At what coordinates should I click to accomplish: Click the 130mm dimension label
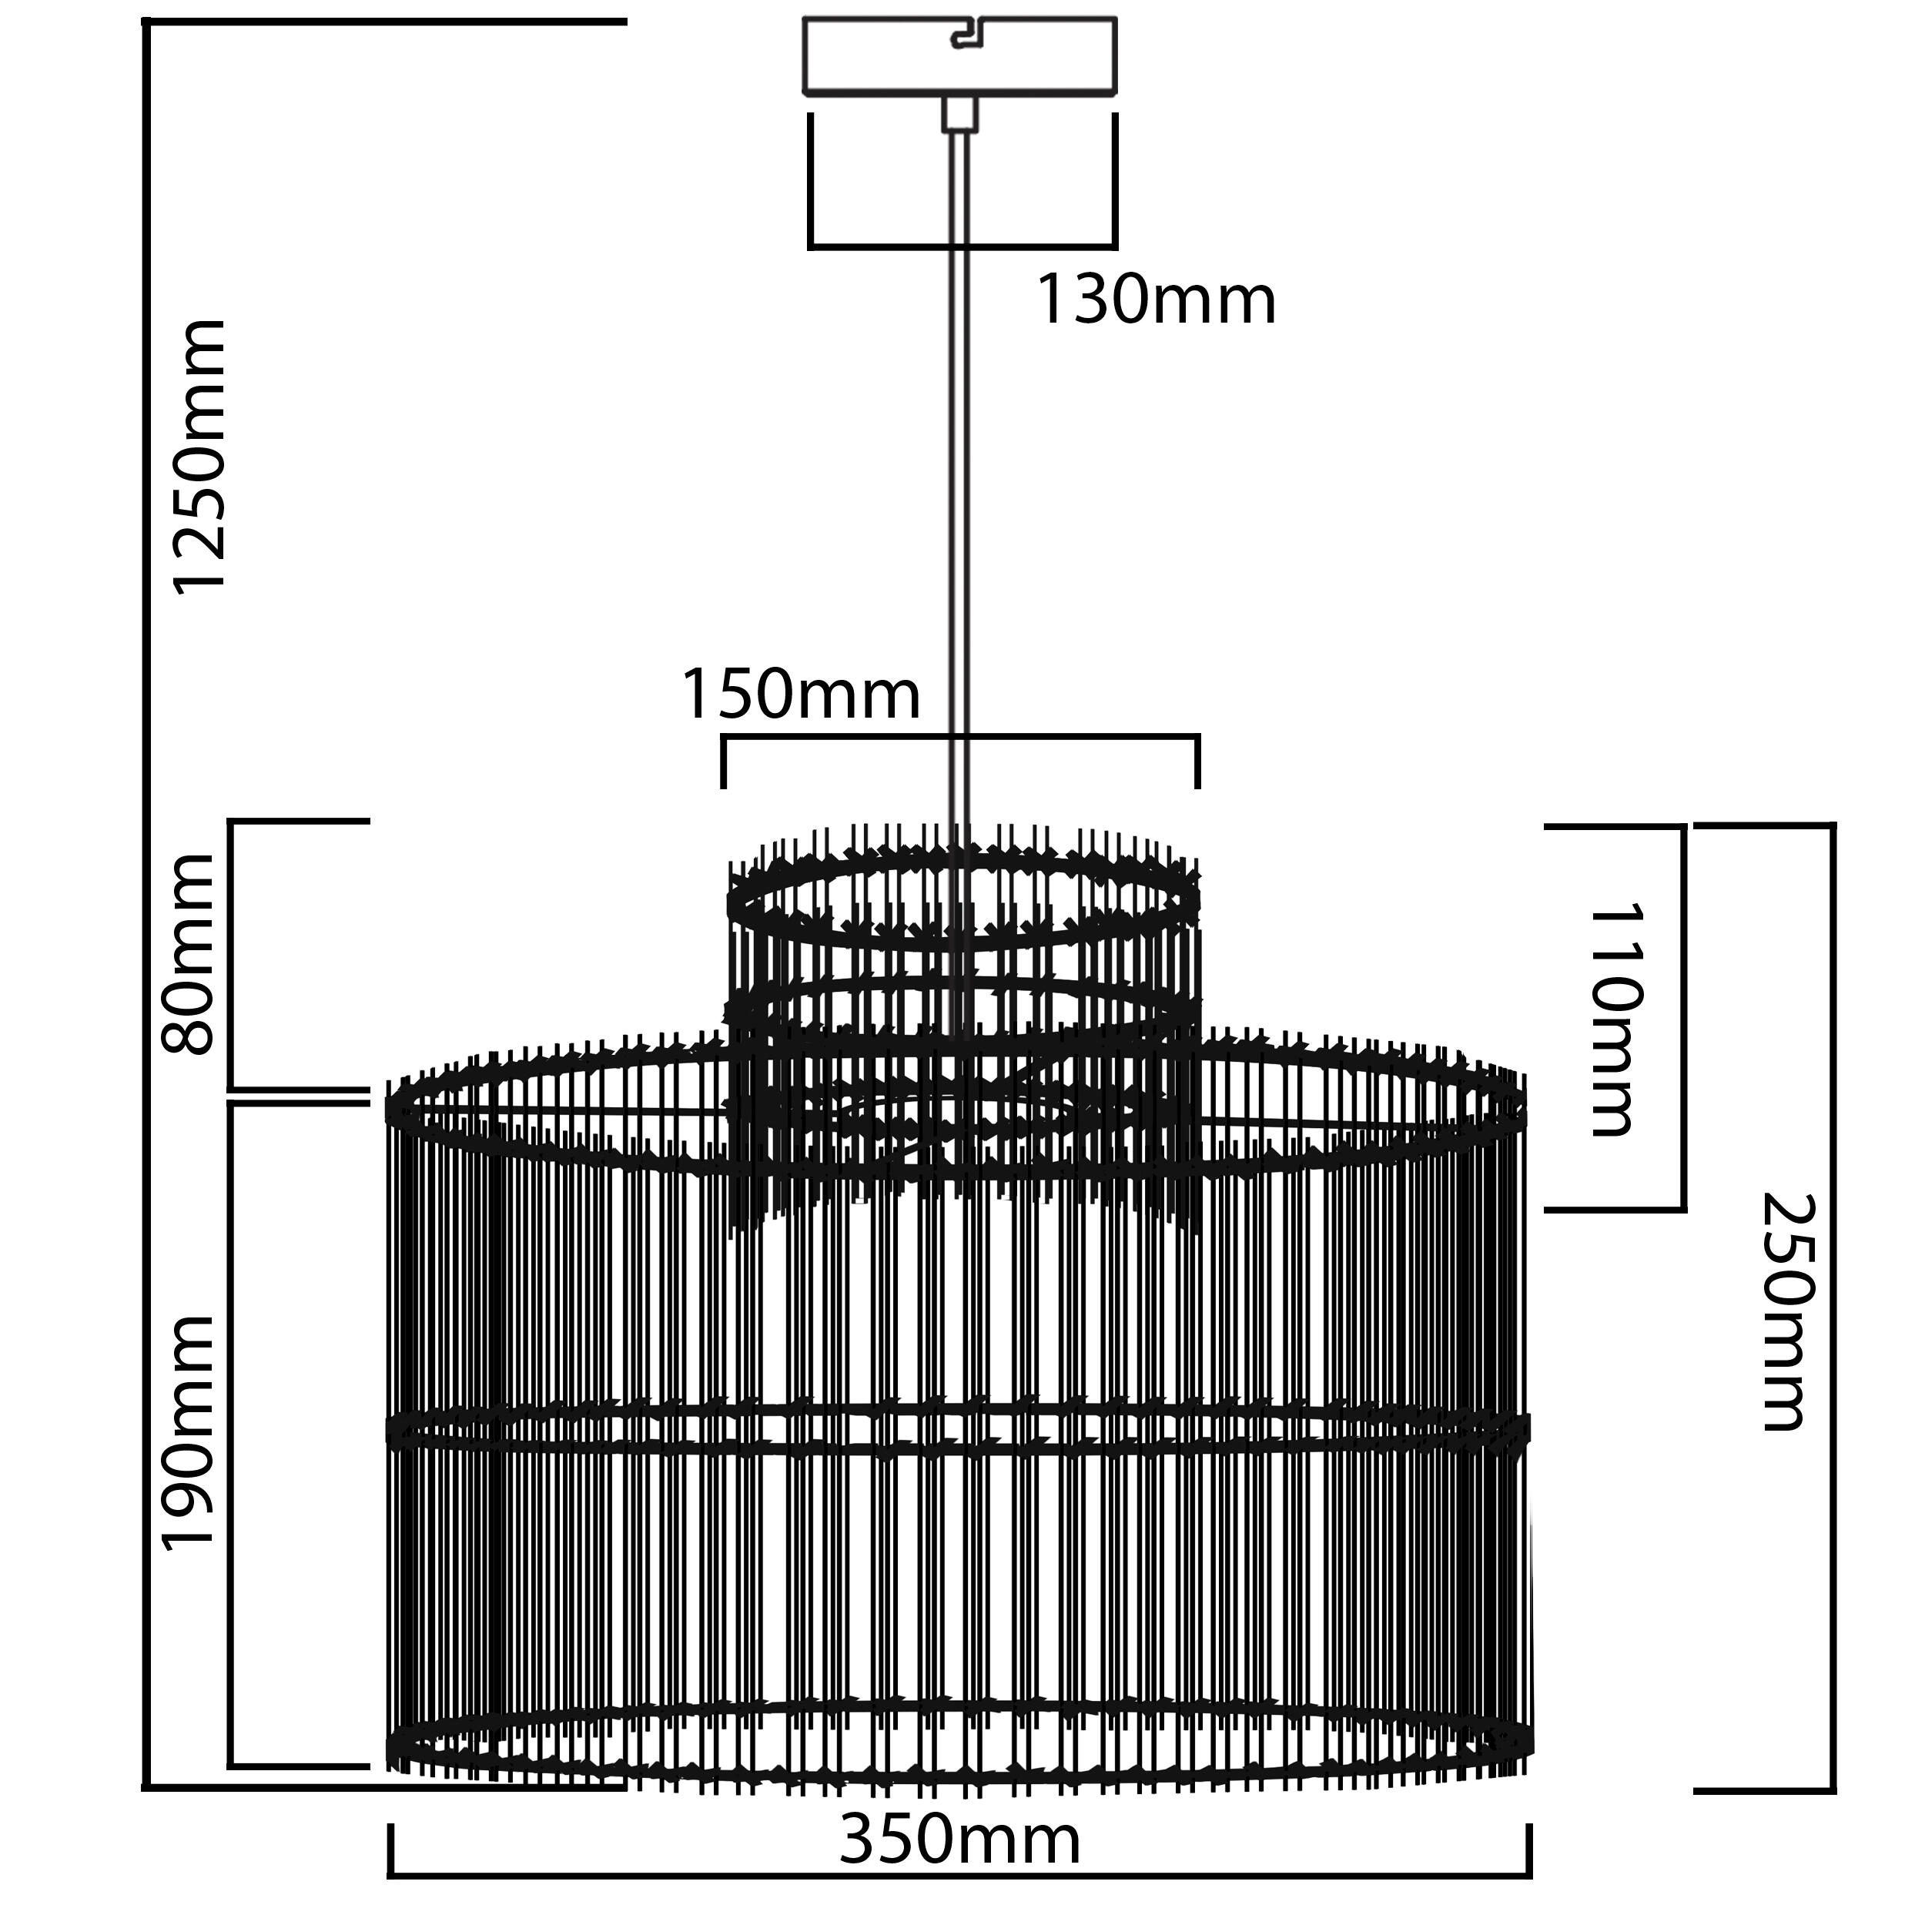tap(1156, 300)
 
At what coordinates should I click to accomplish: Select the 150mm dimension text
tap(800, 695)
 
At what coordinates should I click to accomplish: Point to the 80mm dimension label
tap(189, 953)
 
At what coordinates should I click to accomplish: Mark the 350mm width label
tap(959, 1840)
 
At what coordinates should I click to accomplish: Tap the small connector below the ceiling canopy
tap(959, 114)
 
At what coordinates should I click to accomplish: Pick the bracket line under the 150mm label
tap(959, 738)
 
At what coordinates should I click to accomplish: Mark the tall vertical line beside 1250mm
tap(146, 897)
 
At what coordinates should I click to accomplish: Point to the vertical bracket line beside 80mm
tap(231, 955)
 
